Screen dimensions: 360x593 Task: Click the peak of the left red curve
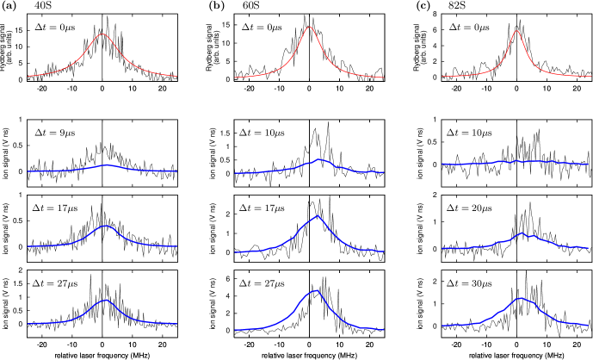[x=102, y=34]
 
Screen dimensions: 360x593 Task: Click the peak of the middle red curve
[x=310, y=27]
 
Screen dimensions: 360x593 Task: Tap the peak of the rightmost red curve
[x=516, y=31]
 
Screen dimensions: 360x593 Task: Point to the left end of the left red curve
[x=28, y=76]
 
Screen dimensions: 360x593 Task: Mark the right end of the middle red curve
[x=384, y=78]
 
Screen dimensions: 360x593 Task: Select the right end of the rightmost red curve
[x=590, y=77]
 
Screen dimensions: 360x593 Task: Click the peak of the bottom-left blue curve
[x=106, y=300]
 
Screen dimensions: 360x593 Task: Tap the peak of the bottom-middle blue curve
[x=317, y=290]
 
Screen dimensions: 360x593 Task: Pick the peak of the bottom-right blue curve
[x=520, y=298]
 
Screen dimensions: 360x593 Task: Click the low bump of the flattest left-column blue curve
[x=107, y=164]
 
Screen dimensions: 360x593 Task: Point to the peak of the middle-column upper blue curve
[x=319, y=159]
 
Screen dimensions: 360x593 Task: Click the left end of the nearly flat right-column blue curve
[x=442, y=164]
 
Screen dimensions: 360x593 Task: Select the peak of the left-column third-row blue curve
[x=105, y=226]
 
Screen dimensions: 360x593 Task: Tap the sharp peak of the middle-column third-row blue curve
[x=318, y=215]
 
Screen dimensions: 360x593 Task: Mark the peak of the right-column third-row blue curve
[x=521, y=233]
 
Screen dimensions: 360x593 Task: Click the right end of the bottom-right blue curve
[x=590, y=326]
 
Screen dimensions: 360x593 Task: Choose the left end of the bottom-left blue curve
[x=28, y=324]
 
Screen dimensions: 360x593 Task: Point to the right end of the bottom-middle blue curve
[x=384, y=329]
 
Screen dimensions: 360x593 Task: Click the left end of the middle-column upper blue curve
[x=235, y=173]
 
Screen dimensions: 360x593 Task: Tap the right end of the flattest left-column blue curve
[x=177, y=171]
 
